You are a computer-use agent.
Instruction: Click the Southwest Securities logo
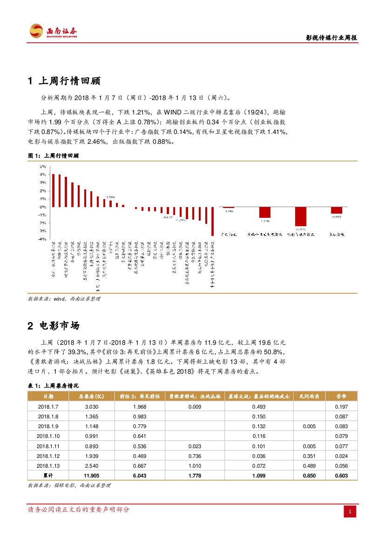click(53, 31)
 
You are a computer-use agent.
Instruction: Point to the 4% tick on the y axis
click(42, 175)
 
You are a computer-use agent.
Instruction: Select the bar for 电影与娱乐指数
click(301, 216)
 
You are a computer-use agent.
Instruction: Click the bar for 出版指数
click(336, 210)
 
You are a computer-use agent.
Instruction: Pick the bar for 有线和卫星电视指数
click(265, 212)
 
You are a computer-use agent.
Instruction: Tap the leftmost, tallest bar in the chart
click(54, 190)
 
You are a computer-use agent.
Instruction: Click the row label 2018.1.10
click(47, 436)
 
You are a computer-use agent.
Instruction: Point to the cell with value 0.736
click(195, 456)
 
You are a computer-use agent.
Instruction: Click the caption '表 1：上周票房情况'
click(54, 386)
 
